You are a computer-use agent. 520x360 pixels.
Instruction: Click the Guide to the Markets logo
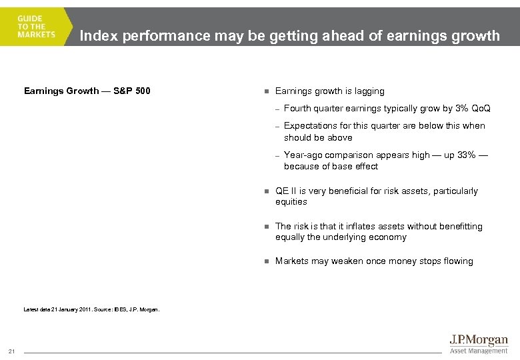[37, 27]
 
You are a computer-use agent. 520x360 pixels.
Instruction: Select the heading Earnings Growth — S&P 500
[87, 91]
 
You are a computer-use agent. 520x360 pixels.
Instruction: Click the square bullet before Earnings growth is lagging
[265, 91]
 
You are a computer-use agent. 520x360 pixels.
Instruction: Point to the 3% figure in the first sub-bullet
[461, 108]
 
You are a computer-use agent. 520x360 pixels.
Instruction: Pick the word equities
[291, 201]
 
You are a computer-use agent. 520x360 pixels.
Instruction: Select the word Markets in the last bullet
[291, 261]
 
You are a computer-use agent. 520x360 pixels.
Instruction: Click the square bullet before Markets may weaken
[265, 261]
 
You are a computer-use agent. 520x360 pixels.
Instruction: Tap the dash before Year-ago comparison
[277, 155]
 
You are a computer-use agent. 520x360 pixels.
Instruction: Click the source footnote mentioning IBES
[91, 309]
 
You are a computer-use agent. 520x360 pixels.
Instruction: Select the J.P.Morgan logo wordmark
[478, 341]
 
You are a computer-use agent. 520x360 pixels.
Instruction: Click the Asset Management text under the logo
[479, 351]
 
